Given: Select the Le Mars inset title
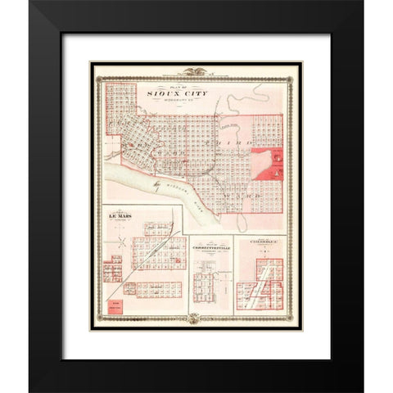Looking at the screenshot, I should click(x=120, y=217).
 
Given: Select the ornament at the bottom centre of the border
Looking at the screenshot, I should click(x=196, y=320).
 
